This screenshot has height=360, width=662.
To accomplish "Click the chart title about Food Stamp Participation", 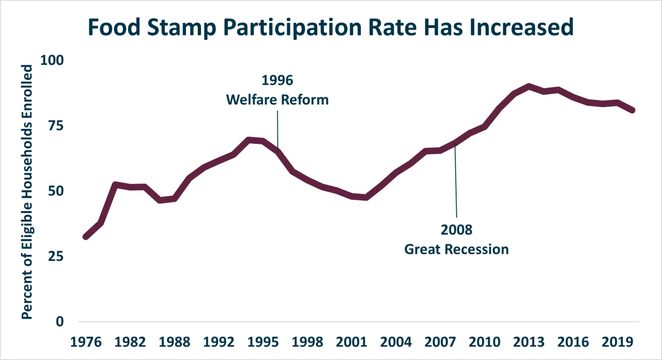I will click(331, 28).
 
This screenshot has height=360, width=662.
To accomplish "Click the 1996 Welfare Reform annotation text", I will click(277, 90).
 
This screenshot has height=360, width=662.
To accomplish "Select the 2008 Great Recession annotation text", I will click(456, 240).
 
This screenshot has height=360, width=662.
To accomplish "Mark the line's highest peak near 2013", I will click(529, 87).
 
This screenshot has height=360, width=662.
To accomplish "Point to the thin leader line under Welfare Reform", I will click(278, 127).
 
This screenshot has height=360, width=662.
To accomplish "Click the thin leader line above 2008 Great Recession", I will click(456, 184).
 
